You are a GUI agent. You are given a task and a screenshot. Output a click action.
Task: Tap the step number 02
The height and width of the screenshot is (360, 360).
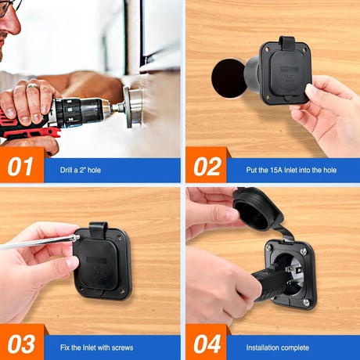pyautogui.click(x=205, y=167)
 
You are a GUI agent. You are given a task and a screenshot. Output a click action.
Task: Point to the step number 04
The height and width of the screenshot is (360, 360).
pyautogui.click(x=205, y=345)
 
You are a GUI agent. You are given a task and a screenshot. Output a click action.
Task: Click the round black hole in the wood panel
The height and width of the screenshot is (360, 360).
pyautogui.click(x=229, y=77)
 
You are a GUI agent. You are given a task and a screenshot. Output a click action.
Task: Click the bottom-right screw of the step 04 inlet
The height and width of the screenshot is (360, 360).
pyautogui.click(x=306, y=301)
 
